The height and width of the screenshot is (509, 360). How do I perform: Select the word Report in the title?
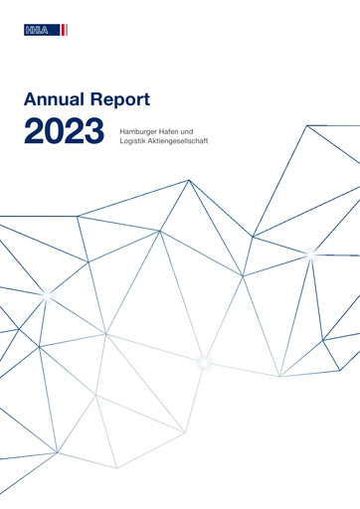pyautogui.click(x=121, y=99)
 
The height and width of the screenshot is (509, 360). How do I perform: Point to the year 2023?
pyautogui.click(x=64, y=130)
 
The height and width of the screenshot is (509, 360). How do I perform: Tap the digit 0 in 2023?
pyautogui.click(x=53, y=130)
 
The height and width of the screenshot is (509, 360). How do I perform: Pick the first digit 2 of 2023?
pyautogui.click(x=32, y=130)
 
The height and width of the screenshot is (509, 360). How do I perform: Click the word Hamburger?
pyautogui.click(x=140, y=131)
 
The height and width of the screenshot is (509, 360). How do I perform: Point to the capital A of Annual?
pyautogui.click(x=29, y=99)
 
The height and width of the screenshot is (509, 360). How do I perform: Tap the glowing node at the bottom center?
pyautogui.click(x=204, y=360)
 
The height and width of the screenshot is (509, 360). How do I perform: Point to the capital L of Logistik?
pyautogui.click(x=119, y=142)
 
